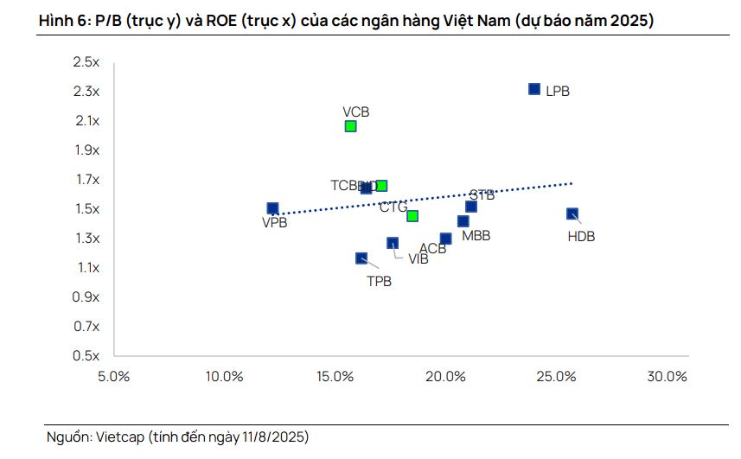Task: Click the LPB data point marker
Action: click(x=534, y=89)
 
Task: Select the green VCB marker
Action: click(x=350, y=126)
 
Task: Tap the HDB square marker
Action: click(x=572, y=214)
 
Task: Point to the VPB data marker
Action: click(x=272, y=208)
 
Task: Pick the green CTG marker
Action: click(x=412, y=216)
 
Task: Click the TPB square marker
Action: click(x=361, y=258)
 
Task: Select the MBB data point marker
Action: click(x=463, y=221)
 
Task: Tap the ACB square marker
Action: click(x=445, y=239)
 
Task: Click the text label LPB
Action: click(x=558, y=91)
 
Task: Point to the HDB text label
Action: click(x=581, y=237)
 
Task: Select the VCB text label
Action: click(x=355, y=112)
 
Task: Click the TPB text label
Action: click(x=379, y=281)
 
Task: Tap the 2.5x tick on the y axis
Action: click(x=86, y=62)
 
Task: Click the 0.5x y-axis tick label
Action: click(x=86, y=355)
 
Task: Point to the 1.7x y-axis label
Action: click(x=86, y=180)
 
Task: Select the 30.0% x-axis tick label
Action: click(x=667, y=377)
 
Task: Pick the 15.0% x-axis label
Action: click(x=335, y=377)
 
